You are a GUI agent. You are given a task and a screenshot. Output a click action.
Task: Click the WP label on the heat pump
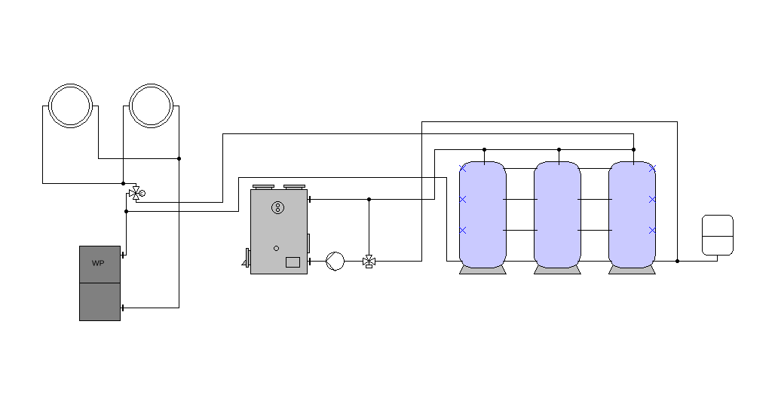(98, 263)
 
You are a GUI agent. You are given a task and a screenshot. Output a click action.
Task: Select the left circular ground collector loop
(70, 84)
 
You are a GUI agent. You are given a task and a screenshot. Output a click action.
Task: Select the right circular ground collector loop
(151, 84)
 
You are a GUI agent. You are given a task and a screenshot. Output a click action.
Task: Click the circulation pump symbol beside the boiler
(335, 262)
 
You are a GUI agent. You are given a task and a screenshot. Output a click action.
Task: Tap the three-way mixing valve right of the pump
(369, 262)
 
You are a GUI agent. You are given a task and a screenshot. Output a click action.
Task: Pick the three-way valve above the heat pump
(136, 194)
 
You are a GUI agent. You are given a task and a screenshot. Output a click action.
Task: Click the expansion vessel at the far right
(718, 235)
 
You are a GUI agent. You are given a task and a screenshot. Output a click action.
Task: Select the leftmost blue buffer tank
(482, 215)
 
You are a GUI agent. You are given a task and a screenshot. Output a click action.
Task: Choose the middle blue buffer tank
(557, 215)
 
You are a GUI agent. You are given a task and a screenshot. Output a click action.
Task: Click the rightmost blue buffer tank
(633, 215)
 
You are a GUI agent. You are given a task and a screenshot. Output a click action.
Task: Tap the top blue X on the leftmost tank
(463, 168)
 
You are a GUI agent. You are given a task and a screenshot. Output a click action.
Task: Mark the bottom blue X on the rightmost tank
(652, 231)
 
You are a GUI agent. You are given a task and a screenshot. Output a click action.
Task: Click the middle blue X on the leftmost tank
(463, 199)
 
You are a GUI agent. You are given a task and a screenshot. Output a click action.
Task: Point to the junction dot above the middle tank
(559, 149)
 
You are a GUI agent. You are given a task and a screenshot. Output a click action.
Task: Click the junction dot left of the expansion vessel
(678, 262)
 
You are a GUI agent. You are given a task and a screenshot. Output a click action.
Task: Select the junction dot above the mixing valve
(369, 199)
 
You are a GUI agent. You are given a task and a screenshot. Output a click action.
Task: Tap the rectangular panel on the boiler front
(293, 262)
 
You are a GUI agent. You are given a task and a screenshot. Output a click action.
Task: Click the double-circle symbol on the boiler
(277, 208)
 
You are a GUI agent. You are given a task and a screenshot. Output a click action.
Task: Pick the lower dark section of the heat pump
(100, 301)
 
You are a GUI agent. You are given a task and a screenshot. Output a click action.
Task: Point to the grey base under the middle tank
(557, 271)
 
